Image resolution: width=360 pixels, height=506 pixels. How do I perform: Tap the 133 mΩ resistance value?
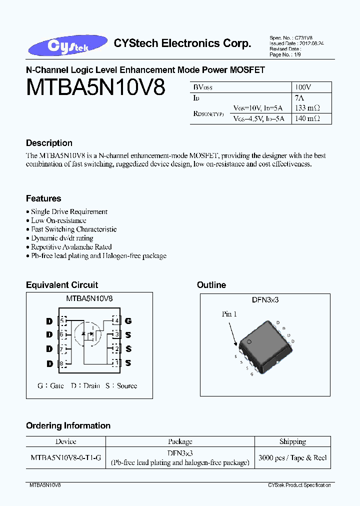pos(307,108)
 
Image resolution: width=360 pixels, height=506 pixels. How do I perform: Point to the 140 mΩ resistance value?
pos(307,118)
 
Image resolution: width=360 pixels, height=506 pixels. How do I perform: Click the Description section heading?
pos(49,143)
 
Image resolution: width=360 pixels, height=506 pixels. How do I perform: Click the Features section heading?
pos(43,198)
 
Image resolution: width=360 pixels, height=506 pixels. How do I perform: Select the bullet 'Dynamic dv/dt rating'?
pos(62,238)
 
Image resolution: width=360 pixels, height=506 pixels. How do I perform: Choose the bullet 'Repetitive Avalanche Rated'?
pos(71,247)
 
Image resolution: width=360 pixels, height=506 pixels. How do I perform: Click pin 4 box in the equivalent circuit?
pos(116,320)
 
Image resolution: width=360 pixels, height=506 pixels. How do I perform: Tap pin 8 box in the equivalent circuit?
pos(62,363)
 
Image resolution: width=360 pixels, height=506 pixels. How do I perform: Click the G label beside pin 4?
pos(128,320)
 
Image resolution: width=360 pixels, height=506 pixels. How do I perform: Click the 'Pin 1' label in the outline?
pos(229,314)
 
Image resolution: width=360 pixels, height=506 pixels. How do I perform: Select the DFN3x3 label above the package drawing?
pos(265,299)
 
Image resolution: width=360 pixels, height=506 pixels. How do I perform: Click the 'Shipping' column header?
pos(292,441)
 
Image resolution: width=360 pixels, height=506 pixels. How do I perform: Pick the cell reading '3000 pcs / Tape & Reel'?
pos(292,458)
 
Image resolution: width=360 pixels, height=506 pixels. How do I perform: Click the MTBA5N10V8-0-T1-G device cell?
pos(65,458)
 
